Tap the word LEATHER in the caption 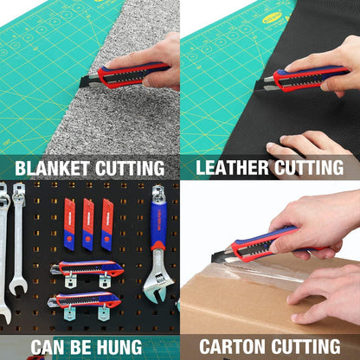232,167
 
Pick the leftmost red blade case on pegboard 69,224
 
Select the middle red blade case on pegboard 88,224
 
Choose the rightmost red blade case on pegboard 107,224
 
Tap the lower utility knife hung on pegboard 84,300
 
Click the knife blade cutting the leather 264,85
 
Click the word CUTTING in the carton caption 305,346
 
